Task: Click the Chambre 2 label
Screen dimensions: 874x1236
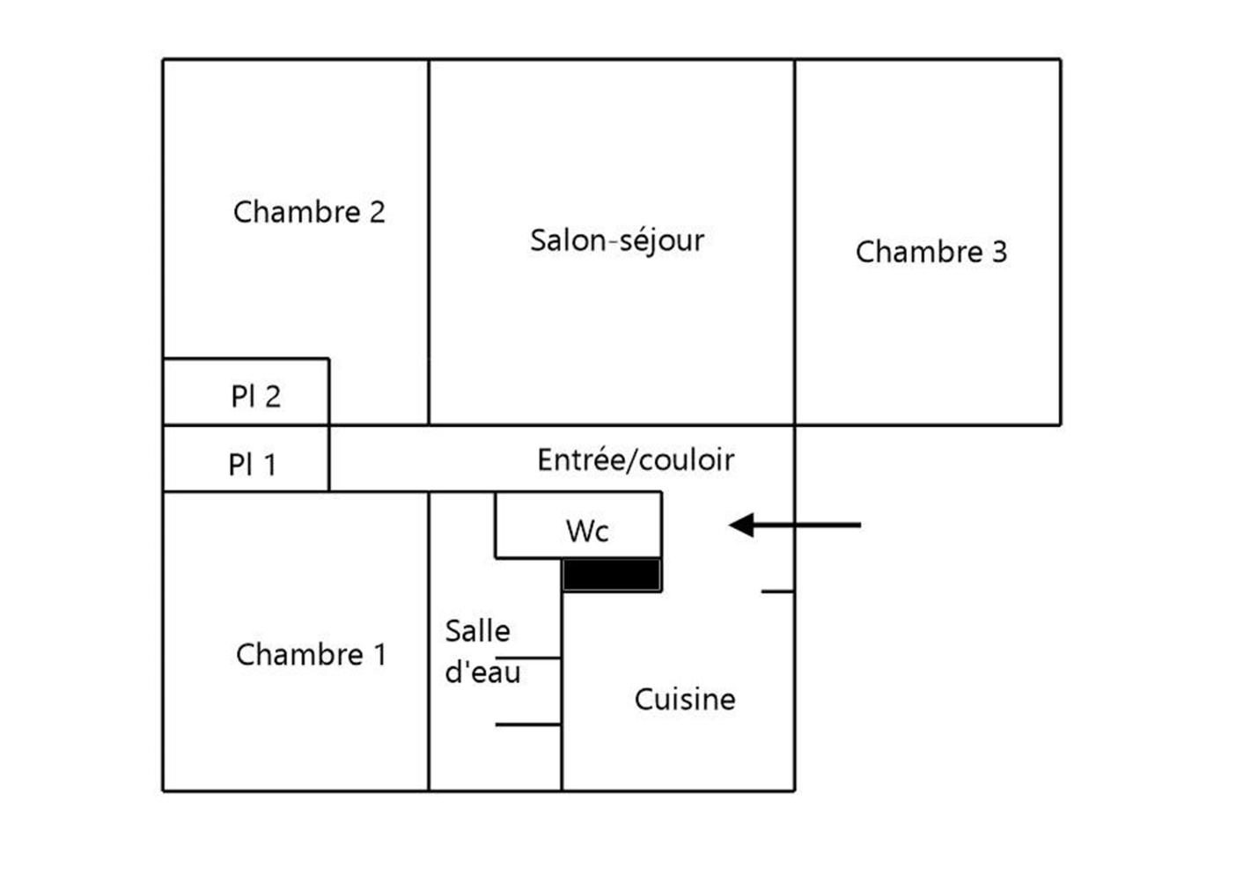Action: point(309,212)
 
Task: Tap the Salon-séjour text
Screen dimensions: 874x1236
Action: point(617,240)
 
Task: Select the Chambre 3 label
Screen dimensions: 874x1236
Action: point(931,252)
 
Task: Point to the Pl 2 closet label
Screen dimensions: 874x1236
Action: point(255,396)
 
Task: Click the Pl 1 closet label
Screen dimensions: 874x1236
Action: point(253,464)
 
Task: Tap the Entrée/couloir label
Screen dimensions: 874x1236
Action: point(635,459)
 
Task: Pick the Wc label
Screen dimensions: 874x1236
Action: point(587,531)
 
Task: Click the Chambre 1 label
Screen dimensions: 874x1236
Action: point(311,655)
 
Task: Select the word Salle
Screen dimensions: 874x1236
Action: point(477,631)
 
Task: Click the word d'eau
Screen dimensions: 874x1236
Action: point(482,672)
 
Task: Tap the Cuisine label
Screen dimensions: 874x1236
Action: point(685,699)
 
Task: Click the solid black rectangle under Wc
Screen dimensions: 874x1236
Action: point(612,575)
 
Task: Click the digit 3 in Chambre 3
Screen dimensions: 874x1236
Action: point(998,252)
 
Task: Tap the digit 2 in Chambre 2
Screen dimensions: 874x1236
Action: point(377,212)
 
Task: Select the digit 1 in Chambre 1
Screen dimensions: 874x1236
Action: point(379,655)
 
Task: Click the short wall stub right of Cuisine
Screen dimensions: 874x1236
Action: point(777,591)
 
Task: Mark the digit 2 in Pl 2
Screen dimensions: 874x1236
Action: point(272,396)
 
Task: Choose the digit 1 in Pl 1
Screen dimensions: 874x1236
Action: point(269,464)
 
